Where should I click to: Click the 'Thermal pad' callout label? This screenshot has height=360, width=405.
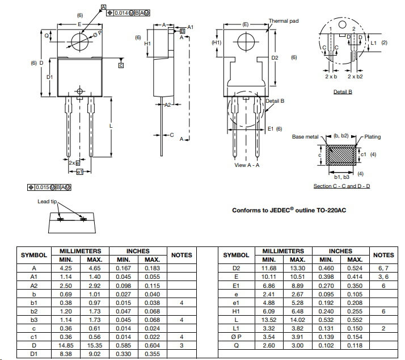284,21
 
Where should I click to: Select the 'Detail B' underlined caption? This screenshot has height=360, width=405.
343,92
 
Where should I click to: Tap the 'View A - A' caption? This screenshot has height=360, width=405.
247,165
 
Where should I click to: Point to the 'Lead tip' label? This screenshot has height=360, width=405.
47,202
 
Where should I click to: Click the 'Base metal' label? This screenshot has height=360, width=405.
305,137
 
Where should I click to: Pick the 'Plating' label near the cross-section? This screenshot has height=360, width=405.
372,137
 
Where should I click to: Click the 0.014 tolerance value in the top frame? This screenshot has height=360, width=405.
121,12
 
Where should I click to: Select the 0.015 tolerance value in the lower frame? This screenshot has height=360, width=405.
42,187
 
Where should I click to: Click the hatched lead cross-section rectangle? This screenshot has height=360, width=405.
341,155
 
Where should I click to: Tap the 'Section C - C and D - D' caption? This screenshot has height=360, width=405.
341,186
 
